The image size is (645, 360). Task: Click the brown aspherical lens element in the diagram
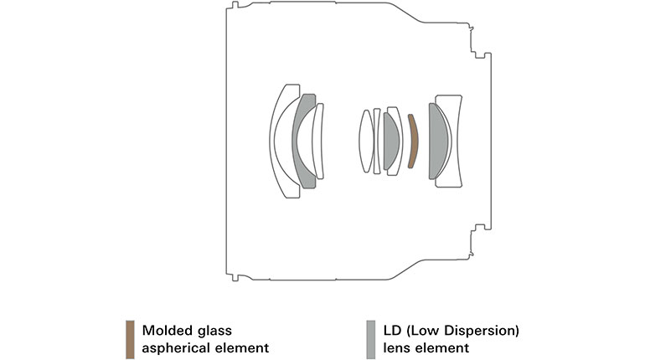coord(412,141)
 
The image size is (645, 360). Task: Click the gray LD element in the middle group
coord(390,141)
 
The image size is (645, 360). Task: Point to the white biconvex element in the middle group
coord(365,141)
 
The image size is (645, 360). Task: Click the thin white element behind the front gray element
coord(318,141)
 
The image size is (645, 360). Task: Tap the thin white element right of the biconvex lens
coord(377,141)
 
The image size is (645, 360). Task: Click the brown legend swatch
coord(129,339)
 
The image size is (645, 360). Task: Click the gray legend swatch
coord(370,339)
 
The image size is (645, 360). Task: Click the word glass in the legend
coord(215,332)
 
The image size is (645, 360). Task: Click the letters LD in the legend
coord(395,331)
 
